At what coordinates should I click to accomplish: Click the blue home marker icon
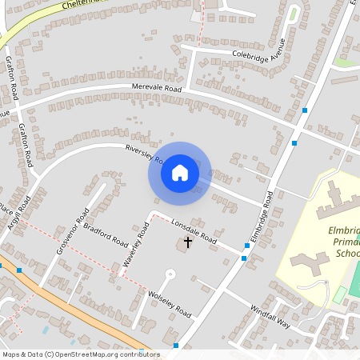tap(180, 173)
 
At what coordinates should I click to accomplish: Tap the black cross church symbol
tap(189, 241)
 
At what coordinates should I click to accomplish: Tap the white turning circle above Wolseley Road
tap(170, 274)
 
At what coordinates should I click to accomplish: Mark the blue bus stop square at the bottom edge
tap(176, 346)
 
